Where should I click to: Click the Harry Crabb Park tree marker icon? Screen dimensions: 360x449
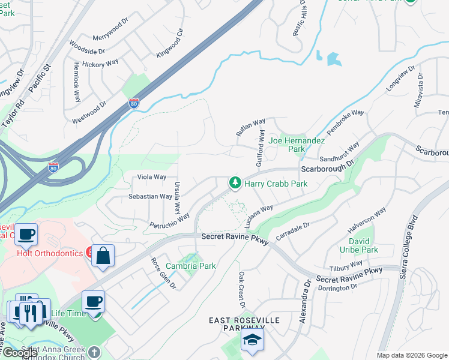[x=235, y=182]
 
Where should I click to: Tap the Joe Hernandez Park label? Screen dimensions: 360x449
[x=297, y=145]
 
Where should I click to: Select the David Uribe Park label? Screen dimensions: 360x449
[x=364, y=245]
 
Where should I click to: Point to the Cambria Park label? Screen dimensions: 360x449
[x=190, y=266]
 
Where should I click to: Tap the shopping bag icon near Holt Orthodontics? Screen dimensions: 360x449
[x=103, y=256]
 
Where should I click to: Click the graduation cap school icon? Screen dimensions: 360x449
[x=252, y=341]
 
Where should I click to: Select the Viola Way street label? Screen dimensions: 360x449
[x=152, y=177]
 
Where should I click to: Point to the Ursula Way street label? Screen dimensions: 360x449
[x=177, y=198]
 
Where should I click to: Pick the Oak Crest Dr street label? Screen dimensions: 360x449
[x=241, y=290]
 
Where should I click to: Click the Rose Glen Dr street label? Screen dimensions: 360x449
[x=163, y=273]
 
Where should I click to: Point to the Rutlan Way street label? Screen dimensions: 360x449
[x=250, y=127]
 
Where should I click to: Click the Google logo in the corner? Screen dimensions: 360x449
[x=20, y=353]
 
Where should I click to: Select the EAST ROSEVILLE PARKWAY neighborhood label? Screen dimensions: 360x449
[x=244, y=325]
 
